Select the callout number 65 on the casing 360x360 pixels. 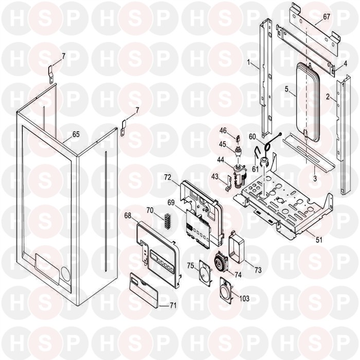point(76,134)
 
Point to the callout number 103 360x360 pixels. point(244,298)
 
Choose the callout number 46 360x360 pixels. point(224,131)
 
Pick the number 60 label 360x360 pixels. point(252,137)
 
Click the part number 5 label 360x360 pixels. point(286,88)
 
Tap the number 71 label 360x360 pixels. point(173,305)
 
